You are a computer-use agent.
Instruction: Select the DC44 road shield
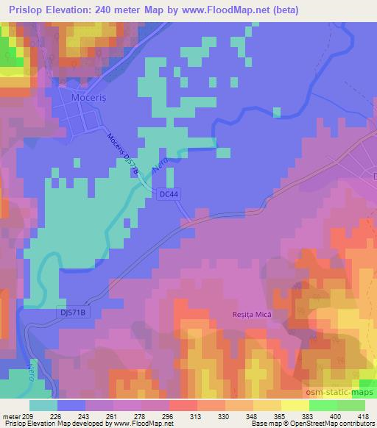(167, 193)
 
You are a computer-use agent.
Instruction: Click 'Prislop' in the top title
(21, 7)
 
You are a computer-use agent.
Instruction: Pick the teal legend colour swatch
(43, 404)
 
